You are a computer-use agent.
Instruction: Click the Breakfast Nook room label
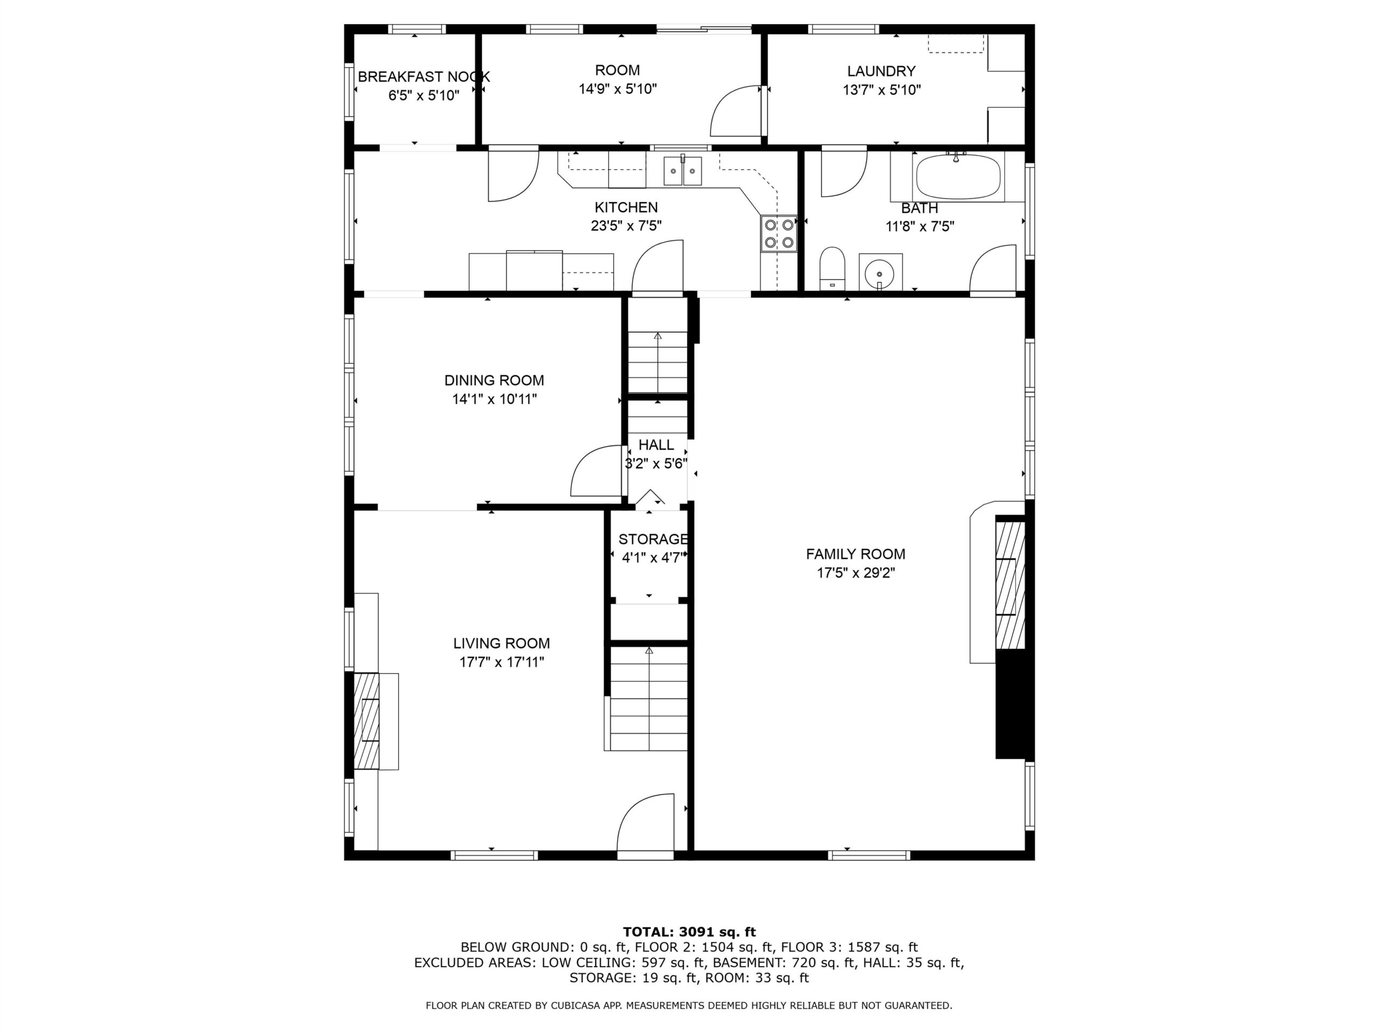[x=424, y=76]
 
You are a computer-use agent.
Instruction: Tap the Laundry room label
[x=881, y=71]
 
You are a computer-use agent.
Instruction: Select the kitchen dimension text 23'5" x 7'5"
[x=626, y=226]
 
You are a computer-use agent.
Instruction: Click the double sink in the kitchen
[x=682, y=171]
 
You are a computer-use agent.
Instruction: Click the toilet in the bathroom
[x=832, y=269]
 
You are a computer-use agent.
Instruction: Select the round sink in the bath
[x=880, y=273]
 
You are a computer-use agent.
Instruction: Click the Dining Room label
[x=494, y=380]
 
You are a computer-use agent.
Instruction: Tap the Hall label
[x=656, y=444]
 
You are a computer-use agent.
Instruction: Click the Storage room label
[x=653, y=539]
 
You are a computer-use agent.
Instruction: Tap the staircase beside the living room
[x=649, y=698]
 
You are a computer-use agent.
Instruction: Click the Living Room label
[x=501, y=643]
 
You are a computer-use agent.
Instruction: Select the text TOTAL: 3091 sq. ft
[x=689, y=932]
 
